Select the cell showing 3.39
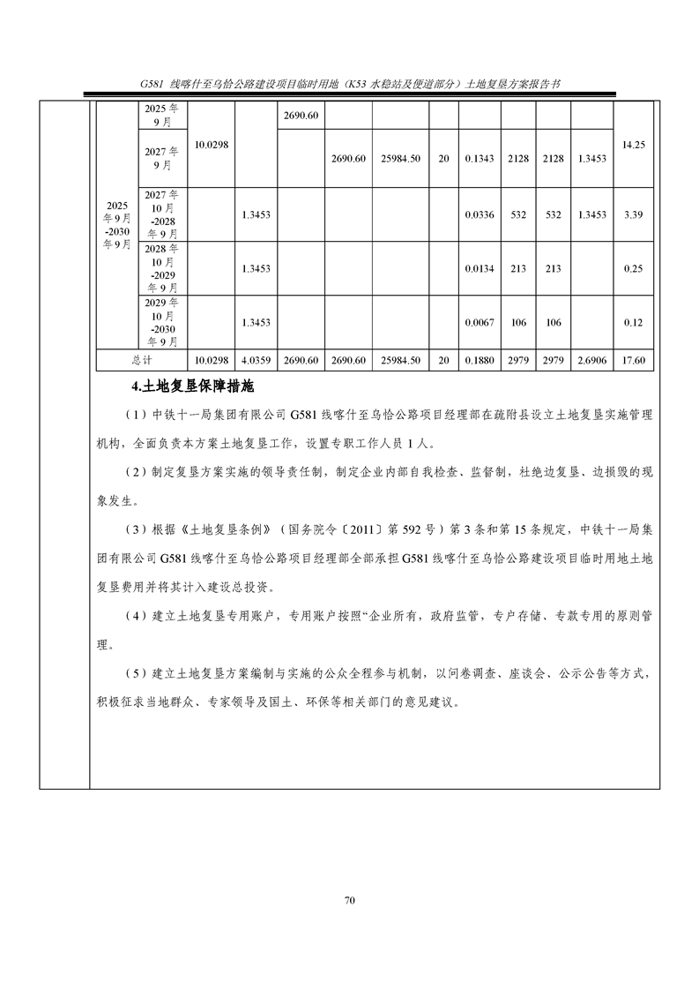pyautogui.click(x=635, y=214)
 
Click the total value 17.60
pyautogui.click(x=635, y=360)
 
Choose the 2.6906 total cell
pyautogui.click(x=591, y=360)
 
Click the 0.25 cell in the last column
pyautogui.click(x=635, y=268)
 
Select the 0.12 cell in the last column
pyautogui.click(x=635, y=322)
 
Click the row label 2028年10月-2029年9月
pyautogui.click(x=162, y=268)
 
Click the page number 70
pyautogui.click(x=349, y=900)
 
